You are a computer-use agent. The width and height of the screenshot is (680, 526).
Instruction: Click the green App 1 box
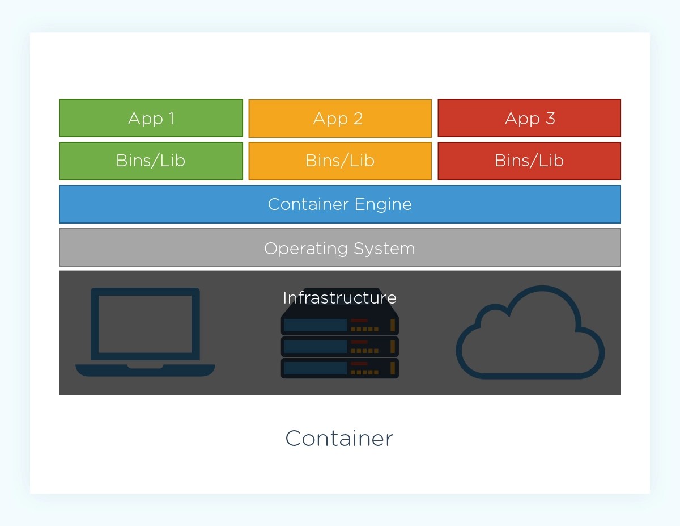151,118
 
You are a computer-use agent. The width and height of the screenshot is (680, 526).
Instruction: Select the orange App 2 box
339,118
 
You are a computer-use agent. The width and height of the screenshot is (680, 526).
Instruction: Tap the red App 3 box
529,118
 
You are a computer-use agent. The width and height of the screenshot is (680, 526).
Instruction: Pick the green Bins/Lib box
151,161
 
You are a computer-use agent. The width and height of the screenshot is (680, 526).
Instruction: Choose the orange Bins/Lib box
339,161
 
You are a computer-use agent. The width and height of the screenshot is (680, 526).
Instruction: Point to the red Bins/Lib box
529,161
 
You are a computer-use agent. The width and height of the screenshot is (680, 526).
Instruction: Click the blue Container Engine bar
339,204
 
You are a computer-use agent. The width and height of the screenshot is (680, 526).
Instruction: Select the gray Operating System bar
339,248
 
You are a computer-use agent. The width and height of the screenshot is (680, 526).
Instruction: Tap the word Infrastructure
339,298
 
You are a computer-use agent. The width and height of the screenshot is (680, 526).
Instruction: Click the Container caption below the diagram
339,439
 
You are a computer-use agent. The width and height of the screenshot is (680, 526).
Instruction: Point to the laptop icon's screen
145,323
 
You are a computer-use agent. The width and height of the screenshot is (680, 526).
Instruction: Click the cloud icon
530,335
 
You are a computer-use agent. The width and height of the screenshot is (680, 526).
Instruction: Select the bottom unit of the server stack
339,368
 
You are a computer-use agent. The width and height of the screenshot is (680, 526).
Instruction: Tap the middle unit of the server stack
339,347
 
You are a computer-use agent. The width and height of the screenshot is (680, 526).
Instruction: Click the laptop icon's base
145,370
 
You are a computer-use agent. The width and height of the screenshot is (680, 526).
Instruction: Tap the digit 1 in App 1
171,118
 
